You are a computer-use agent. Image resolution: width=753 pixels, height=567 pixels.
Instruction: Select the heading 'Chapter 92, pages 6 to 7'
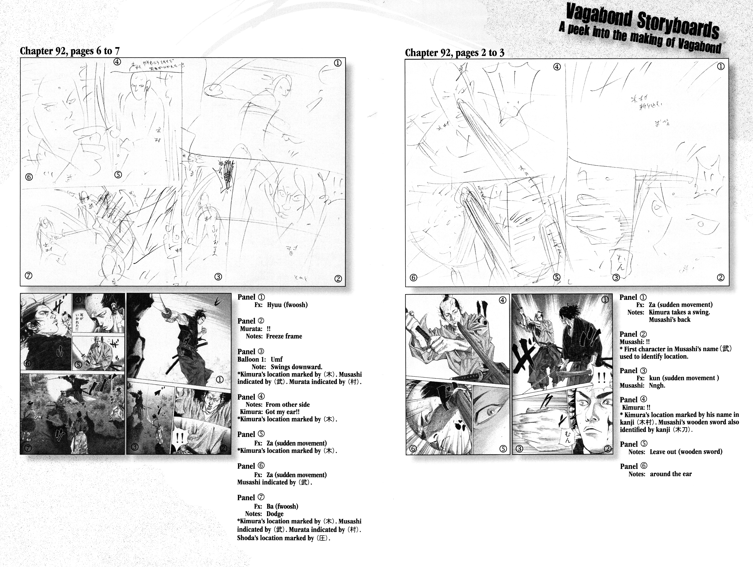pos(70,51)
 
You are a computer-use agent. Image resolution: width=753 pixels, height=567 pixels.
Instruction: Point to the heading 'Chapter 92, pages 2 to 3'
pos(454,53)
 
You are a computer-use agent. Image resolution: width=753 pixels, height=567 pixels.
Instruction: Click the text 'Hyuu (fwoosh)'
pos(287,305)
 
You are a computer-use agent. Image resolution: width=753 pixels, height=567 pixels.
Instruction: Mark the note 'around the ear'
pos(671,474)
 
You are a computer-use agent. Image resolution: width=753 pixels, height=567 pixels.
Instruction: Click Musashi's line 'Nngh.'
pos(657,386)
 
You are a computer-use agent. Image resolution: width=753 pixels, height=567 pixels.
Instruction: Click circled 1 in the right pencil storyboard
pos(720,67)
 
